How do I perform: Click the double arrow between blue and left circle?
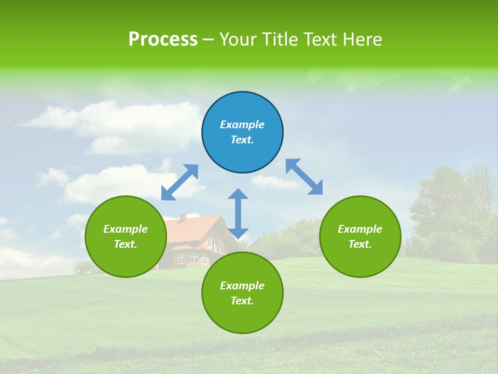click(x=180, y=182)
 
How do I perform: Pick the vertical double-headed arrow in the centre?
click(x=238, y=213)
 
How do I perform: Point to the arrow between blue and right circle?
click(x=304, y=177)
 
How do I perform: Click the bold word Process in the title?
click(x=163, y=39)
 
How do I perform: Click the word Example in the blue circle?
click(x=242, y=125)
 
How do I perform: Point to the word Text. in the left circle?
click(x=126, y=244)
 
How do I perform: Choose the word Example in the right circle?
click(x=360, y=229)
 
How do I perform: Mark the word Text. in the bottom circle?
click(x=242, y=301)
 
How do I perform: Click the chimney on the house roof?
click(x=183, y=217)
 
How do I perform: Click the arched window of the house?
click(x=193, y=258)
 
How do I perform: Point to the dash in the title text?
click(x=208, y=39)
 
